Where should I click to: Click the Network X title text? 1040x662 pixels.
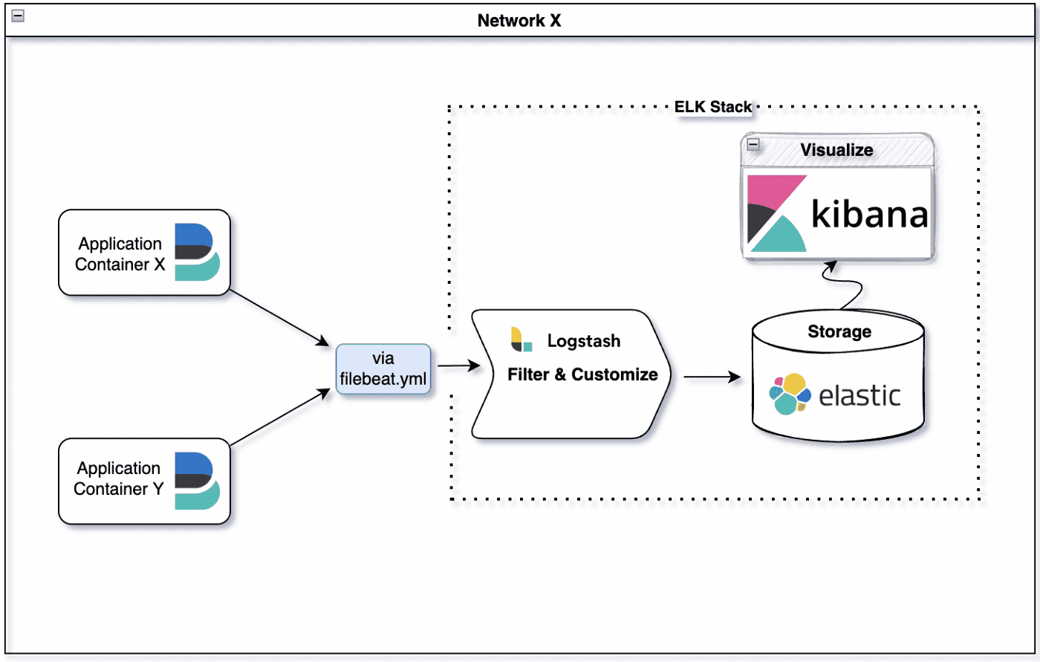pos(519,21)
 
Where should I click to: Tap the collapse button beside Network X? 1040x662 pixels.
pos(18,16)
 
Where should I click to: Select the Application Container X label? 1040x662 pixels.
pos(120,254)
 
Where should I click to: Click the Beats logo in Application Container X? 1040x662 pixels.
pos(196,252)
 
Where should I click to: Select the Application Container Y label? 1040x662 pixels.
pos(118,478)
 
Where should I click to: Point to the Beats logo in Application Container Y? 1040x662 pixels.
pos(196,481)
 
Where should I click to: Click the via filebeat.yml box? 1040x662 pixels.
pos(383,369)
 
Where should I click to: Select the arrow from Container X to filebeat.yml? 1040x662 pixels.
pos(279,318)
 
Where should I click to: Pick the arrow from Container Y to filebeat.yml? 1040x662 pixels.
pos(279,418)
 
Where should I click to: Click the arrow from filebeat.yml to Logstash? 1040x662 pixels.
pos(458,366)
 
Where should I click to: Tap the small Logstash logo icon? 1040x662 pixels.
pos(521,340)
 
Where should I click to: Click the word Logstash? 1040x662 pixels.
pos(584,341)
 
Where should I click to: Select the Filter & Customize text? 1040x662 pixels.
pos(582,374)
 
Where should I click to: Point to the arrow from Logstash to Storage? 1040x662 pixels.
pos(712,377)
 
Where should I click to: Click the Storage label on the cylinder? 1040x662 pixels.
pos(839,332)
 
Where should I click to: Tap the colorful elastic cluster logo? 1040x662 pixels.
pos(790,394)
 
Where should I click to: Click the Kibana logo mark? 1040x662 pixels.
pos(776,214)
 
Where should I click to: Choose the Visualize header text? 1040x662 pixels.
pos(836,150)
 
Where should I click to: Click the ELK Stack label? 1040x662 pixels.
pos(713,107)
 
